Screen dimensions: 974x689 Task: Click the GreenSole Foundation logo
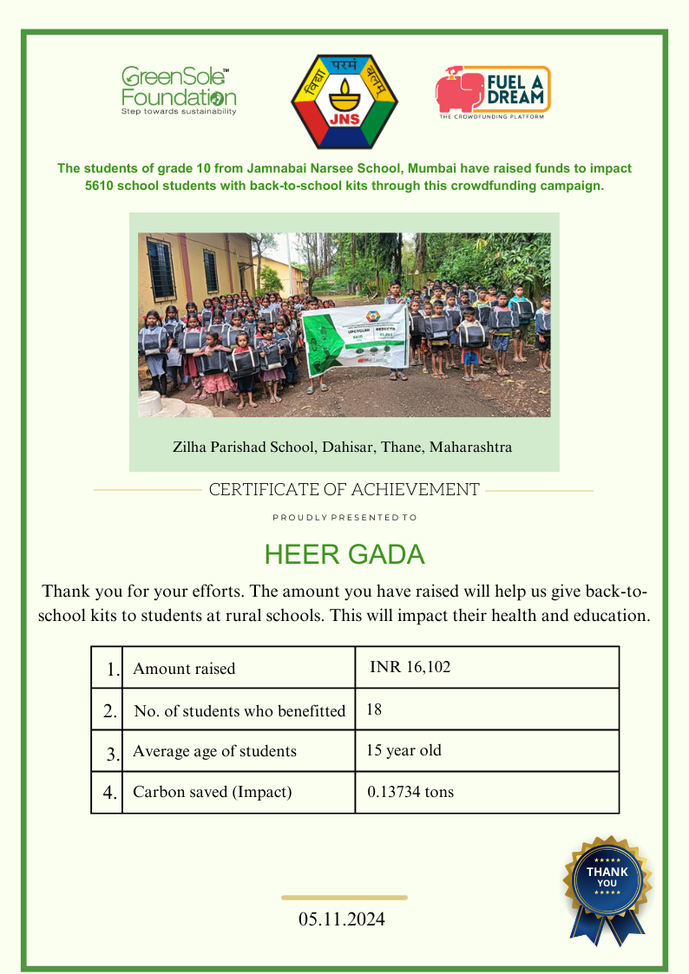click(x=178, y=90)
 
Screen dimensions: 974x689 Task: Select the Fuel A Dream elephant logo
click(x=493, y=92)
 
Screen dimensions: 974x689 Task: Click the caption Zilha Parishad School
click(x=343, y=448)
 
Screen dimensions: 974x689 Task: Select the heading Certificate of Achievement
click(x=344, y=490)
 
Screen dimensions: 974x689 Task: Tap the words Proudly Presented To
click(x=344, y=518)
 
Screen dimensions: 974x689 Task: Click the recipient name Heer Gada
click(x=344, y=555)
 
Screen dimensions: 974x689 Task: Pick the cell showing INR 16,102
click(x=410, y=667)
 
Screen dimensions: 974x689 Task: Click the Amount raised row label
click(x=184, y=669)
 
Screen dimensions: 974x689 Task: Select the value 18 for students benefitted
click(x=374, y=709)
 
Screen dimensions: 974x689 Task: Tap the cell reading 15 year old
click(x=404, y=750)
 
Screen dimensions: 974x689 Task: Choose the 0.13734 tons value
click(x=410, y=792)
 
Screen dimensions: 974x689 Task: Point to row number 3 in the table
click(x=112, y=753)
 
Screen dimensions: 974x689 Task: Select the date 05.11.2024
click(x=342, y=918)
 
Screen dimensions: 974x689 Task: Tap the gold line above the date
click(x=344, y=898)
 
